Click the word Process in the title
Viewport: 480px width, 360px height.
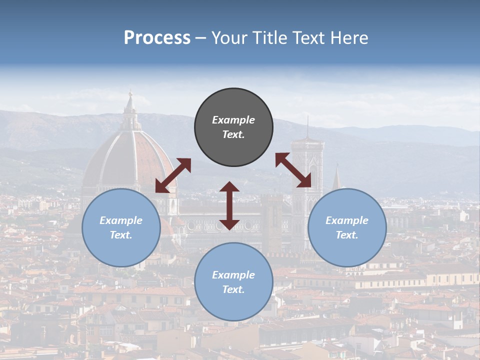[157, 38]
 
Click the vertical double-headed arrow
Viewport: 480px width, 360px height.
[229, 205]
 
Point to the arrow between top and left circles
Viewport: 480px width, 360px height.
[173, 175]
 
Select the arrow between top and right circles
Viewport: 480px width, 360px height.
[293, 170]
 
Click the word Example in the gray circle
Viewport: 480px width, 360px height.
[233, 120]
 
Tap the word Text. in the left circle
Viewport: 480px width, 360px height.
[121, 235]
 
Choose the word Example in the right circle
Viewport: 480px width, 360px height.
[347, 220]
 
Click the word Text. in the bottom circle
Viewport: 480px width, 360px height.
[233, 289]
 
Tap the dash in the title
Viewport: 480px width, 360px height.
[200, 38]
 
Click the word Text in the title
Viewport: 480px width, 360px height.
[309, 38]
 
